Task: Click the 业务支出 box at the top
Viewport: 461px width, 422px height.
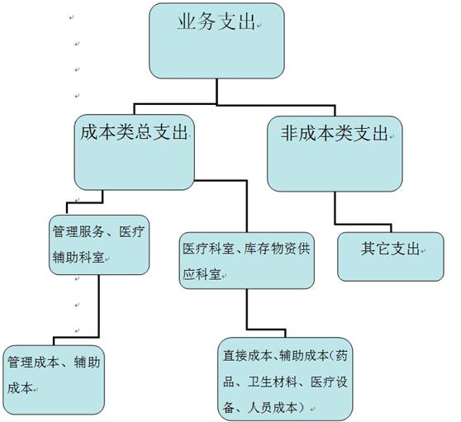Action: (216, 40)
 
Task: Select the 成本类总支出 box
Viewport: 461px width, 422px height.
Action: (135, 152)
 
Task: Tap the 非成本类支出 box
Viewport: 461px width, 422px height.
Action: (335, 154)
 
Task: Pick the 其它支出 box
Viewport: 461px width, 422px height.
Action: (391, 257)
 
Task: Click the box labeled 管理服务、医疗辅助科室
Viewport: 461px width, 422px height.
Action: (99, 245)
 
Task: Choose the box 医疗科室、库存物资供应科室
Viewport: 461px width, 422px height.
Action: (247, 260)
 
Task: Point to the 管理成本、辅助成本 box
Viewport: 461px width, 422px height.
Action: (54, 380)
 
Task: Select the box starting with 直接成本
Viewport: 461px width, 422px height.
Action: (285, 379)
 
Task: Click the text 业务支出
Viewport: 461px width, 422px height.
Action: (216, 21)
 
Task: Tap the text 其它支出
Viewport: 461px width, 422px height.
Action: (390, 249)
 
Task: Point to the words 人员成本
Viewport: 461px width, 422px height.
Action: (273, 408)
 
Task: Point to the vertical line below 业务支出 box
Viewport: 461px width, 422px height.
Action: (217, 92)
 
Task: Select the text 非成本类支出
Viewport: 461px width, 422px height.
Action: (334, 133)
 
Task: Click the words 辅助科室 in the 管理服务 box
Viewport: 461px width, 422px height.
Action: (78, 258)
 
